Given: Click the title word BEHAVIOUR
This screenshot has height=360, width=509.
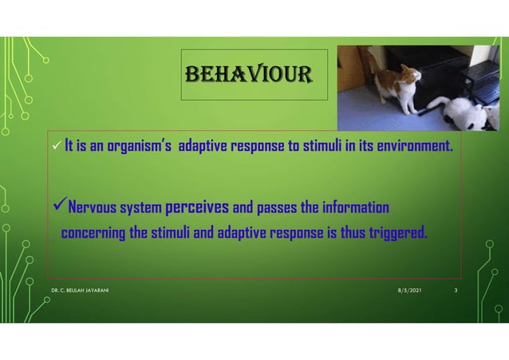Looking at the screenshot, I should [254, 76].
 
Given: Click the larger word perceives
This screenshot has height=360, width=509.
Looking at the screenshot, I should [197, 208].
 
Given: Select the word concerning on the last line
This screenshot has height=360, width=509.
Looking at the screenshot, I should [94, 233].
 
